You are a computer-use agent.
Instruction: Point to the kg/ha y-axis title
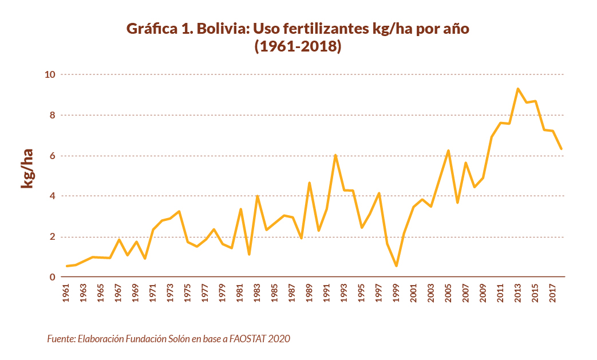click(x=27, y=169)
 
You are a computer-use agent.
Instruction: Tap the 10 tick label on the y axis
click(x=50, y=74)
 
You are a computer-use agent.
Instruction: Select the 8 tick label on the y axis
click(x=52, y=115)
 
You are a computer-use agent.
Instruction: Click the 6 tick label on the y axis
click(x=52, y=156)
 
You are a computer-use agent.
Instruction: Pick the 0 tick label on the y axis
click(x=52, y=278)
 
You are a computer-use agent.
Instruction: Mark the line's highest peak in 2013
click(x=517, y=89)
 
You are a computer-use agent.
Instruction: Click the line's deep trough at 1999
click(x=396, y=266)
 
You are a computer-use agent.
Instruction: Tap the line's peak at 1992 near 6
click(x=335, y=155)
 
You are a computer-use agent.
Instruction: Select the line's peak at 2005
click(x=448, y=151)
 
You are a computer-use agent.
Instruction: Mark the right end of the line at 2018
click(x=562, y=149)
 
